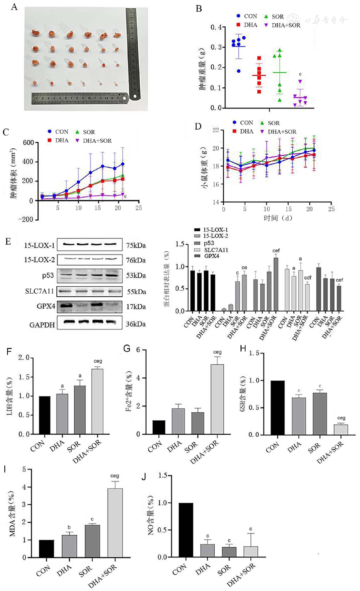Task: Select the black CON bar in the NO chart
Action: (186, 530)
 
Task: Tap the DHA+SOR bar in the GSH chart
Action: (341, 429)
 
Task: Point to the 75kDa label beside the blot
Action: (136, 245)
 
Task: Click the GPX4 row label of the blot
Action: (46, 306)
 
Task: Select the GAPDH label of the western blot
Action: (42, 325)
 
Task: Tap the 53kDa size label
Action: (136, 276)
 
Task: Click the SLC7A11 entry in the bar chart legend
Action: (216, 250)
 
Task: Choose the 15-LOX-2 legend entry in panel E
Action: (215, 236)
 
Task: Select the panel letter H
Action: (243, 349)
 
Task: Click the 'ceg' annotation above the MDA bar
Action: (115, 476)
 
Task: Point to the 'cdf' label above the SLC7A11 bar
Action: (307, 278)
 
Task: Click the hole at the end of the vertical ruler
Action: (135, 96)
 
